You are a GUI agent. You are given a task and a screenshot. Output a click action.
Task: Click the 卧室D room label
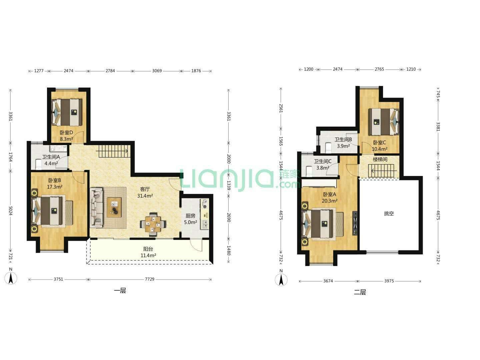tap(66, 132)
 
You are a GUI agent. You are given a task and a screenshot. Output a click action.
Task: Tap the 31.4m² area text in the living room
tap(145, 196)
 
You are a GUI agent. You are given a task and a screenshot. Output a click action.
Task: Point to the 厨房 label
tap(190, 216)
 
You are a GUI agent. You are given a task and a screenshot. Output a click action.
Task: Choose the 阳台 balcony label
tap(148, 249)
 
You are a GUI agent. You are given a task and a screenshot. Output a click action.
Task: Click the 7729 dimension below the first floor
tap(150, 279)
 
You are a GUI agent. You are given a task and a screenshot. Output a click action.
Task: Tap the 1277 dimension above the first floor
tap(39, 71)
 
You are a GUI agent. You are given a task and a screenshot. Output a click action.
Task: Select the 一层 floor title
tap(120, 291)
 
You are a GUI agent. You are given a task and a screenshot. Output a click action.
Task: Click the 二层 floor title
tap(360, 292)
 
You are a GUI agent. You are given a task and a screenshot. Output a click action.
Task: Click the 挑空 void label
tap(389, 214)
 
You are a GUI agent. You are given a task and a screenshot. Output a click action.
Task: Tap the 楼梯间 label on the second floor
tap(380, 159)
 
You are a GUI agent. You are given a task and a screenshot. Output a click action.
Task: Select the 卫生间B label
tap(343, 139)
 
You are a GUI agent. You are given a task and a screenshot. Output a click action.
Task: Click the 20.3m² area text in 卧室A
tap(329, 201)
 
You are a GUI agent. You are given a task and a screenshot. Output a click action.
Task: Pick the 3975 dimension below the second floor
tap(389, 281)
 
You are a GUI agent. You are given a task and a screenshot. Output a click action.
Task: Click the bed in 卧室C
tap(384, 122)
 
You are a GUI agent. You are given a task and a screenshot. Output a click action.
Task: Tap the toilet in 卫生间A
tap(38, 164)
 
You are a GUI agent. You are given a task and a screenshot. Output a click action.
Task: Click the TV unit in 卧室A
tap(355, 223)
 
